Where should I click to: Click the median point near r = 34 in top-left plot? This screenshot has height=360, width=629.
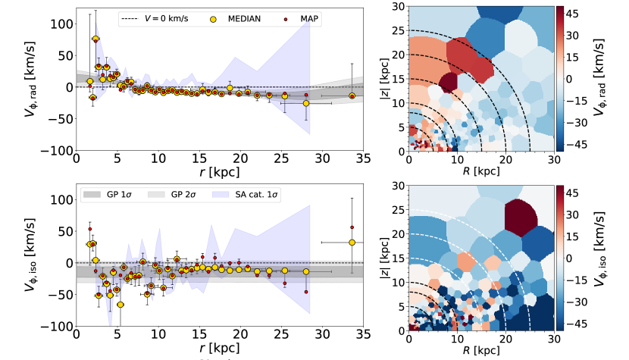[352, 96]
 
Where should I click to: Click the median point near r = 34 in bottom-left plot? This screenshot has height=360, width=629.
[352, 242]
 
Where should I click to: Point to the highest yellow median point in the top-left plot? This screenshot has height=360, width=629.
[96, 39]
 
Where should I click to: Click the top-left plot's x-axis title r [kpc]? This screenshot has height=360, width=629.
[219, 172]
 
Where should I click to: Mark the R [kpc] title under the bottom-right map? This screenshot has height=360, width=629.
[481, 351]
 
